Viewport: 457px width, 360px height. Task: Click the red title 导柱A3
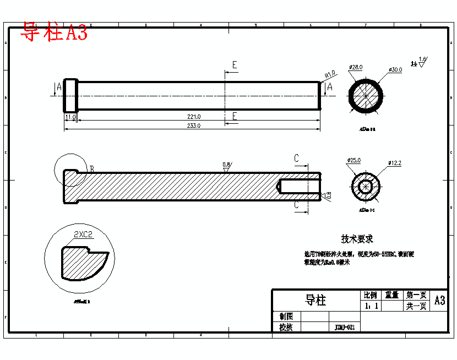pos(54,32)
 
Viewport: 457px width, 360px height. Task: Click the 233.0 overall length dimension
pos(194,126)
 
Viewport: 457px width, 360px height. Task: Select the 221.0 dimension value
pos(194,117)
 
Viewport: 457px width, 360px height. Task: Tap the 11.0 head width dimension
pos(70,117)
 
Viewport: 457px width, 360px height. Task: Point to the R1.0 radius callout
pos(330,73)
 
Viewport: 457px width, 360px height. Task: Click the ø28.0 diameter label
pos(356,67)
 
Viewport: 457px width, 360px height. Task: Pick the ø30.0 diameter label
pos(395,70)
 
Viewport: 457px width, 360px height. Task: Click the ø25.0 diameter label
pos(353,160)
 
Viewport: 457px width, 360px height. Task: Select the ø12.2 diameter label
pos(395,163)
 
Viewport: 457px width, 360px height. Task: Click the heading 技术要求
pos(357,239)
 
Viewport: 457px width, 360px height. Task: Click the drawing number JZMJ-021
pos(345,327)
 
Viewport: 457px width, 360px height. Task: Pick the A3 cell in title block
pos(439,301)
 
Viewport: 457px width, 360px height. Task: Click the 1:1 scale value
pos(371,306)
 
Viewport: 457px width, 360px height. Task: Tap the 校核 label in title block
pos(286,327)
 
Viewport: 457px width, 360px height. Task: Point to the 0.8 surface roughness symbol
pos(226,166)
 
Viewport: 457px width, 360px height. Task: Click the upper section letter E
pos(234,65)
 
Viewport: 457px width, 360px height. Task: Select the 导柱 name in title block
pos(315,300)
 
